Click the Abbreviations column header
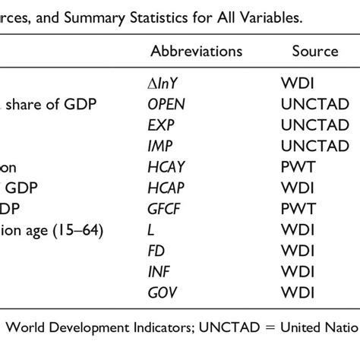tap(197, 51)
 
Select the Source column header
tap(315, 51)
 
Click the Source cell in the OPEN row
tap(315, 104)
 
